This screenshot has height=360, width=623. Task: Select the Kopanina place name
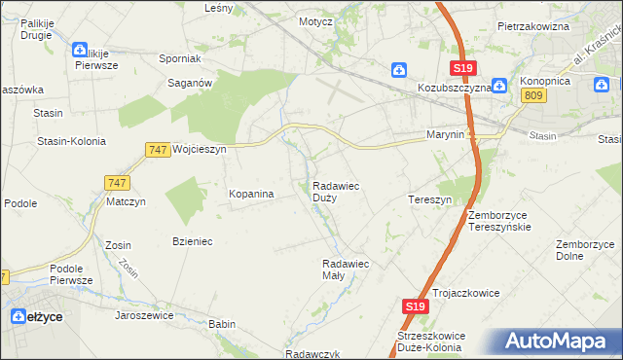[x=251, y=194]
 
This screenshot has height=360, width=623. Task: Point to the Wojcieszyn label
[x=199, y=150]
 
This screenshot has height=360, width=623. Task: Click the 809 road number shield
[x=532, y=94]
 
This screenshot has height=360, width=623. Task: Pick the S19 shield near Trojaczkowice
[x=416, y=306]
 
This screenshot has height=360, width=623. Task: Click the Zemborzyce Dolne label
[x=582, y=250]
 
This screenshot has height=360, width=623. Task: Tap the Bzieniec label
[x=192, y=240]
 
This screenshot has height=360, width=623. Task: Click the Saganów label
[x=191, y=84]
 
